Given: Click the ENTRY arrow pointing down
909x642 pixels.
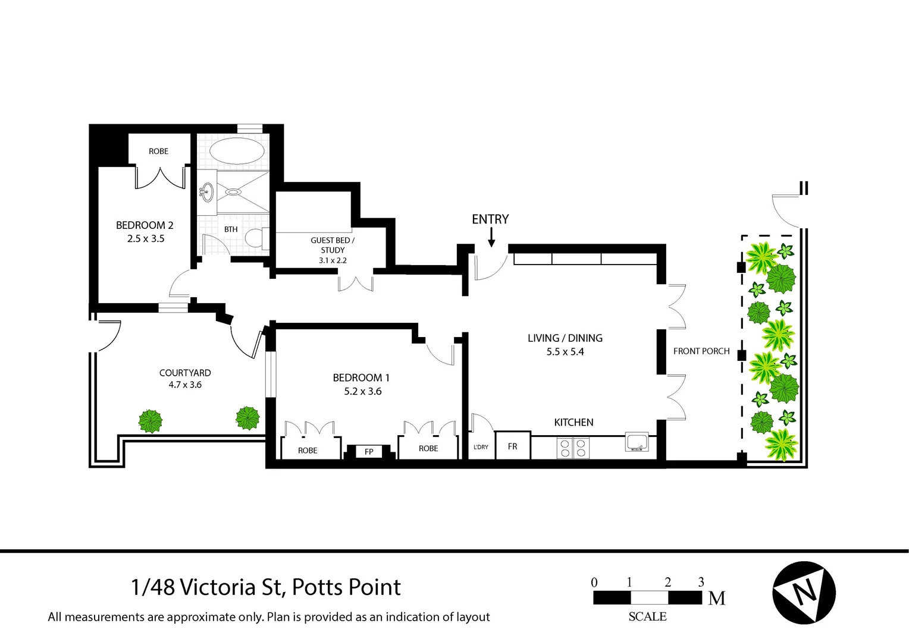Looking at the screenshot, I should pos(491,239).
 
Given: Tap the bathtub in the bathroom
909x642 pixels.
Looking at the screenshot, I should pos(237,151).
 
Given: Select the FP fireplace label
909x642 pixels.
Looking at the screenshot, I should pos(369,452).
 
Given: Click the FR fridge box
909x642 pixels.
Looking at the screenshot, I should pos(512,446).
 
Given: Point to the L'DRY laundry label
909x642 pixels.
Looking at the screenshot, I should pos(481,447).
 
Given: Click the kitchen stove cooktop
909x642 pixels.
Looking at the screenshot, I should pos(573,448).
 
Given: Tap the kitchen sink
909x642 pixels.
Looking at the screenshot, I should pos(637,442).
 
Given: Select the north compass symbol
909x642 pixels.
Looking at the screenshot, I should pos(804,593).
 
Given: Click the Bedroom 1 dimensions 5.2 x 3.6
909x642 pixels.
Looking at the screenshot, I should pos(362,391).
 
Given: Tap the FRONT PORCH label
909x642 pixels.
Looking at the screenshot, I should pos(701,351).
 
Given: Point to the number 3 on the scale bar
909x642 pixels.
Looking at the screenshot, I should pos(701,582).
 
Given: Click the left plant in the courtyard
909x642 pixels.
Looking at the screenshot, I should pos(151,421).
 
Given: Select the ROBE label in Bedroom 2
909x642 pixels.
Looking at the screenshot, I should pos(158,151).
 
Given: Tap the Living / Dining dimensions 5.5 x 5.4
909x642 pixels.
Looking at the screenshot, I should pos(565,352).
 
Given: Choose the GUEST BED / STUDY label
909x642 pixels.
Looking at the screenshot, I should pos(333,245).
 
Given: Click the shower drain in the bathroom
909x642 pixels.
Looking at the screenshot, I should pos(233,192).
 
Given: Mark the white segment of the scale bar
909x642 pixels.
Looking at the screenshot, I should pos(648,597).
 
